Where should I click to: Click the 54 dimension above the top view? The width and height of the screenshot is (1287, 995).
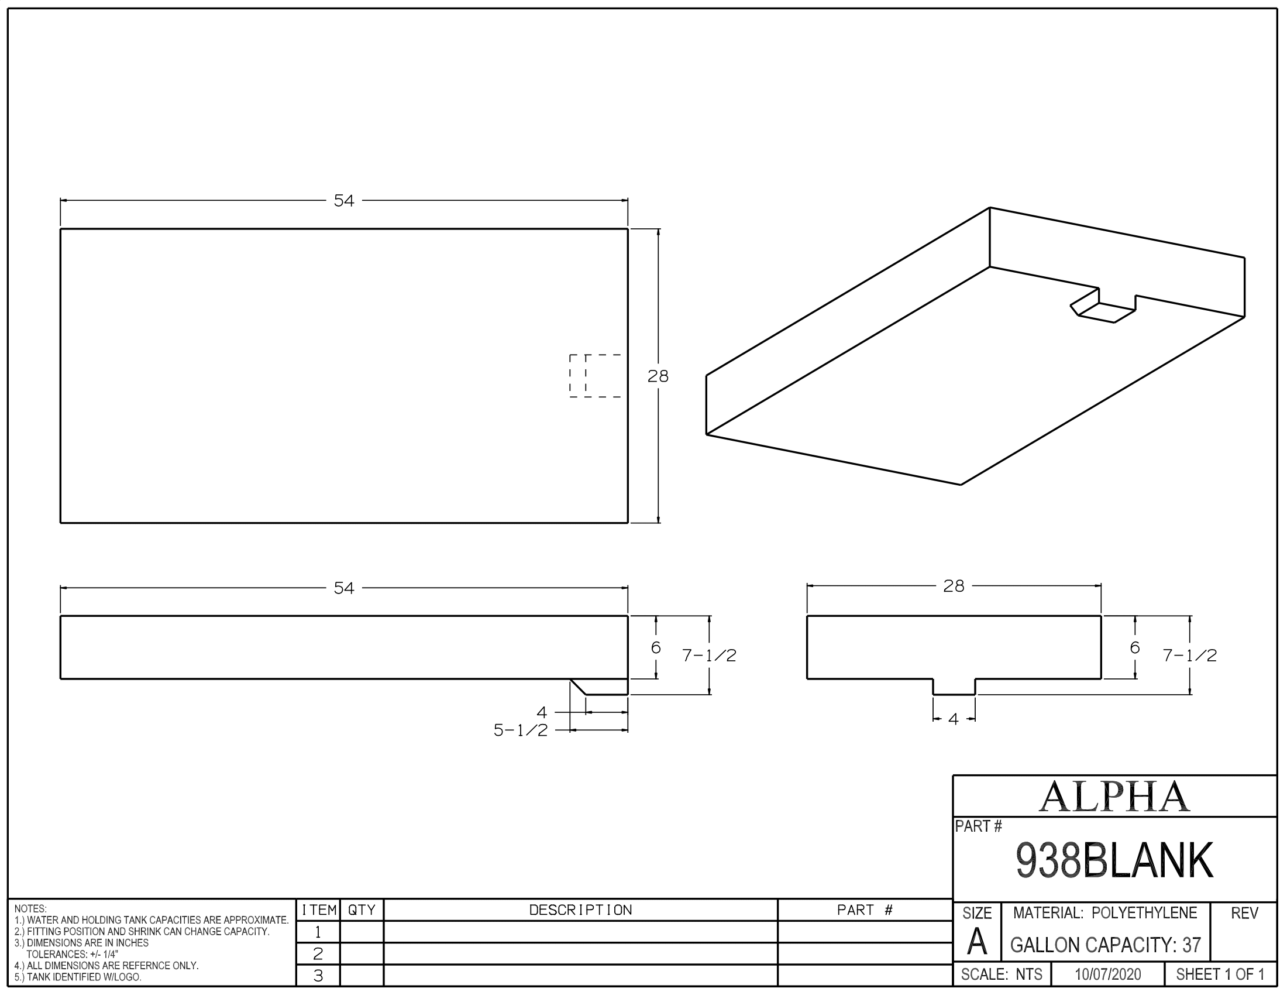pos(343,201)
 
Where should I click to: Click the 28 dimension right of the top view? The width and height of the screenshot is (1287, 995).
pos(658,376)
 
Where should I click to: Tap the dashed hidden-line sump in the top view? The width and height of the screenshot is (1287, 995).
pos(595,376)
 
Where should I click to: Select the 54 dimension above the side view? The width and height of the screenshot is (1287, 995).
pos(343,588)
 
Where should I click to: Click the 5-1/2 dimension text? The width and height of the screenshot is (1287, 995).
pos(520,731)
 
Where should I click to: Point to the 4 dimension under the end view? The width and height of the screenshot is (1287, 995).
pos(954,719)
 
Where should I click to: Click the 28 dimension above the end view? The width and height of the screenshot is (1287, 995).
pos(954,586)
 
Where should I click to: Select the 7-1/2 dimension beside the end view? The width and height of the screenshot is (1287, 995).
pos(1189,656)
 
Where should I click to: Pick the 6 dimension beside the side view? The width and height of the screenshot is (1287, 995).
pos(656,648)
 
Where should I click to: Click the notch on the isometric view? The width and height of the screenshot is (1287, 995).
pos(1102,309)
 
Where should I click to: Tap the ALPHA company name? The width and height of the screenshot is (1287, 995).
pos(1114,797)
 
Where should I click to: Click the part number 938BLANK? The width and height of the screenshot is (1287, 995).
pos(1114,860)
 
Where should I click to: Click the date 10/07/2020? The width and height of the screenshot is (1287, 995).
pos(1108,975)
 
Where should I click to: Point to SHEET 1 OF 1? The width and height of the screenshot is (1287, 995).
pos(1220,975)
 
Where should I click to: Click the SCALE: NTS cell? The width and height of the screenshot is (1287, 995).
pos(1002,975)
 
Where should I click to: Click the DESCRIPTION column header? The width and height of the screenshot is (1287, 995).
pos(580,910)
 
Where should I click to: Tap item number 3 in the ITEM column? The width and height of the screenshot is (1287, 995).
pos(318,976)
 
